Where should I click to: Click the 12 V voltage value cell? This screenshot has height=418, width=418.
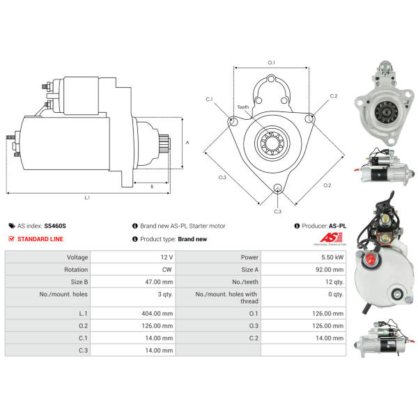[x=167, y=257]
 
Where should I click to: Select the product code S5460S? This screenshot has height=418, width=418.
[x=55, y=226]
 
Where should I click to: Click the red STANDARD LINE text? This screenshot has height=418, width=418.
[x=41, y=239]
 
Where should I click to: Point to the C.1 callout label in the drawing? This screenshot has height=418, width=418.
[x=208, y=100]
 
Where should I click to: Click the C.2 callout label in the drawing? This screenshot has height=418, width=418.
[x=334, y=96]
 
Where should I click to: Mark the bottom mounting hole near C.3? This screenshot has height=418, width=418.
[x=277, y=188]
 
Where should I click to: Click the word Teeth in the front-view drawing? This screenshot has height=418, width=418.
[x=242, y=107]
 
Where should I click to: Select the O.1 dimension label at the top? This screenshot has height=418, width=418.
[x=271, y=63]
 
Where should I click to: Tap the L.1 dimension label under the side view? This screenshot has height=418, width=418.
[x=87, y=198]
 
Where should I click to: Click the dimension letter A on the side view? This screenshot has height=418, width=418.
[x=187, y=143]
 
